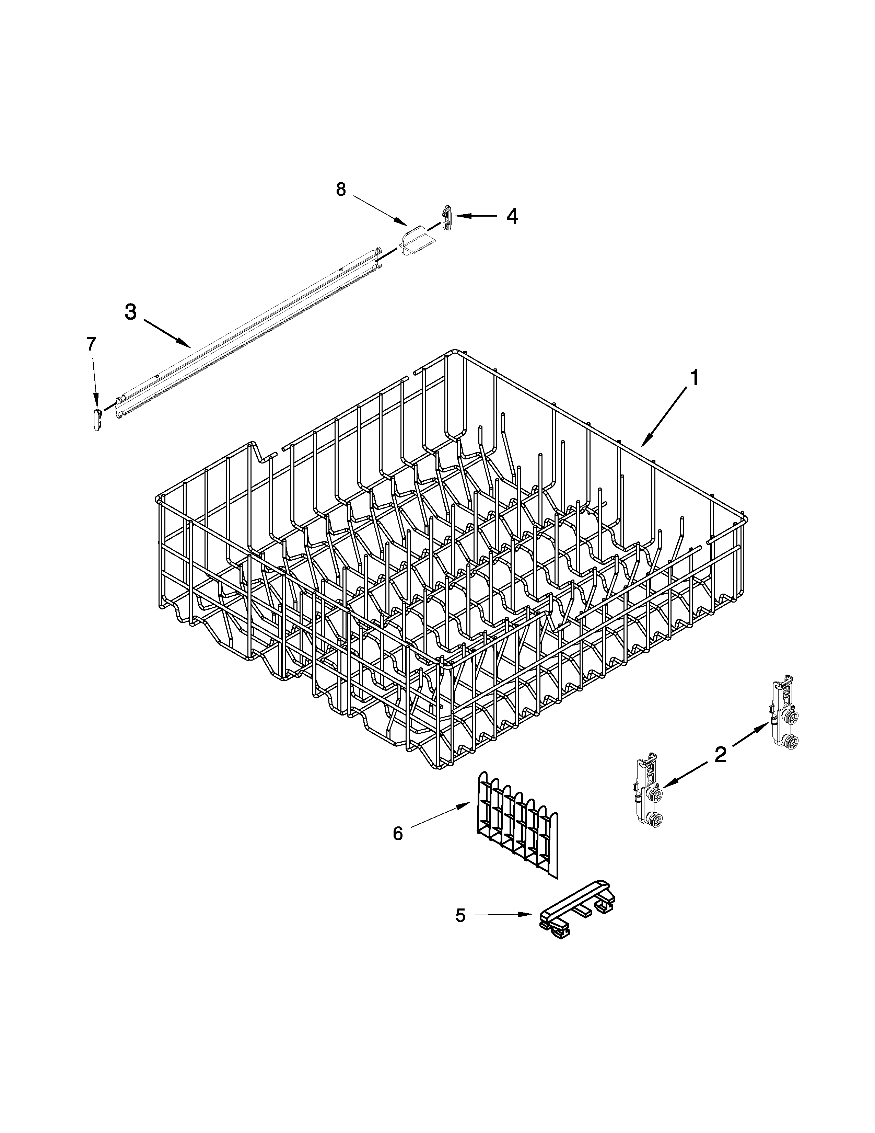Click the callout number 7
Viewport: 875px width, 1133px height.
(91, 344)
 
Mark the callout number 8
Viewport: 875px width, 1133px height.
(341, 190)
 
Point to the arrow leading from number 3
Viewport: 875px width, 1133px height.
(166, 333)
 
